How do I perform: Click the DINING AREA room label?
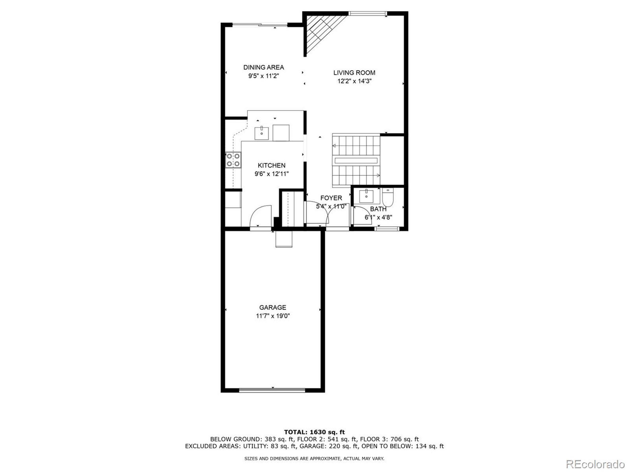(264, 67)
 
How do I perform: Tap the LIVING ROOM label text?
(354, 73)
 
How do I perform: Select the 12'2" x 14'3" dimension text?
(354, 81)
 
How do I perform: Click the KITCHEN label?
(271, 165)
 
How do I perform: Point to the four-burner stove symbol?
(233, 160)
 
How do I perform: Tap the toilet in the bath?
(387, 198)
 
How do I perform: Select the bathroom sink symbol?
(366, 196)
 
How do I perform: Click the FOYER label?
(331, 198)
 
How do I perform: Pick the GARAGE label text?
(272, 307)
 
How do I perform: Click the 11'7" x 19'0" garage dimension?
(272, 316)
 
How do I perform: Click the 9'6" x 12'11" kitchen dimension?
(271, 174)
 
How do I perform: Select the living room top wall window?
(367, 13)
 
